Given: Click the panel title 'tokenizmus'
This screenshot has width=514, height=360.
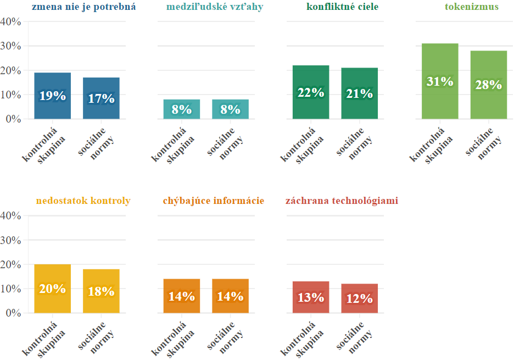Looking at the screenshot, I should [x=471, y=7].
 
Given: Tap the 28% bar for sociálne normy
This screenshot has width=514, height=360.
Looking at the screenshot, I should [x=488, y=85].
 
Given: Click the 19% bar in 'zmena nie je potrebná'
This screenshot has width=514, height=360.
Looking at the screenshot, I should [x=53, y=96].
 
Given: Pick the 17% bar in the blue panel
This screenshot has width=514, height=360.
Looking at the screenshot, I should [x=101, y=98].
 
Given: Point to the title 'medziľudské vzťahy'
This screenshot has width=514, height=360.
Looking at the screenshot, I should [x=214, y=7].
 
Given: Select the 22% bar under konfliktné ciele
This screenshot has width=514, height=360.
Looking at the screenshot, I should [x=311, y=92].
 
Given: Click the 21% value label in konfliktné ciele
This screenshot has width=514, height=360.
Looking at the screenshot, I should [x=360, y=94].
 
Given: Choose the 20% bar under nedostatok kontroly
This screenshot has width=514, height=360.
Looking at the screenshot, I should [x=53, y=289].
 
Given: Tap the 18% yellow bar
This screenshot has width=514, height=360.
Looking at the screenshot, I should [x=101, y=291].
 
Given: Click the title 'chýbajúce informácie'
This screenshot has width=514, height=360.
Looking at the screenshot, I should [x=214, y=201].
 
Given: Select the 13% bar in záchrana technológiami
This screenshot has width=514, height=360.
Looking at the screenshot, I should [x=311, y=297].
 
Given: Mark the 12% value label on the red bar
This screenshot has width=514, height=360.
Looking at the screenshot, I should [x=360, y=299].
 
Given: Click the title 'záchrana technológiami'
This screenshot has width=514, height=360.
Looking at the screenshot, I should [x=342, y=201].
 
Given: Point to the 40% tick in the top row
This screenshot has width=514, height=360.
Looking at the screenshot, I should [x=11, y=22].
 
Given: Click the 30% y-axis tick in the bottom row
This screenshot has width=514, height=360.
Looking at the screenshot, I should [x=11, y=240].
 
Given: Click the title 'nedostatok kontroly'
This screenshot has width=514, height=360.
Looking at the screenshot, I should [x=83, y=201].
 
